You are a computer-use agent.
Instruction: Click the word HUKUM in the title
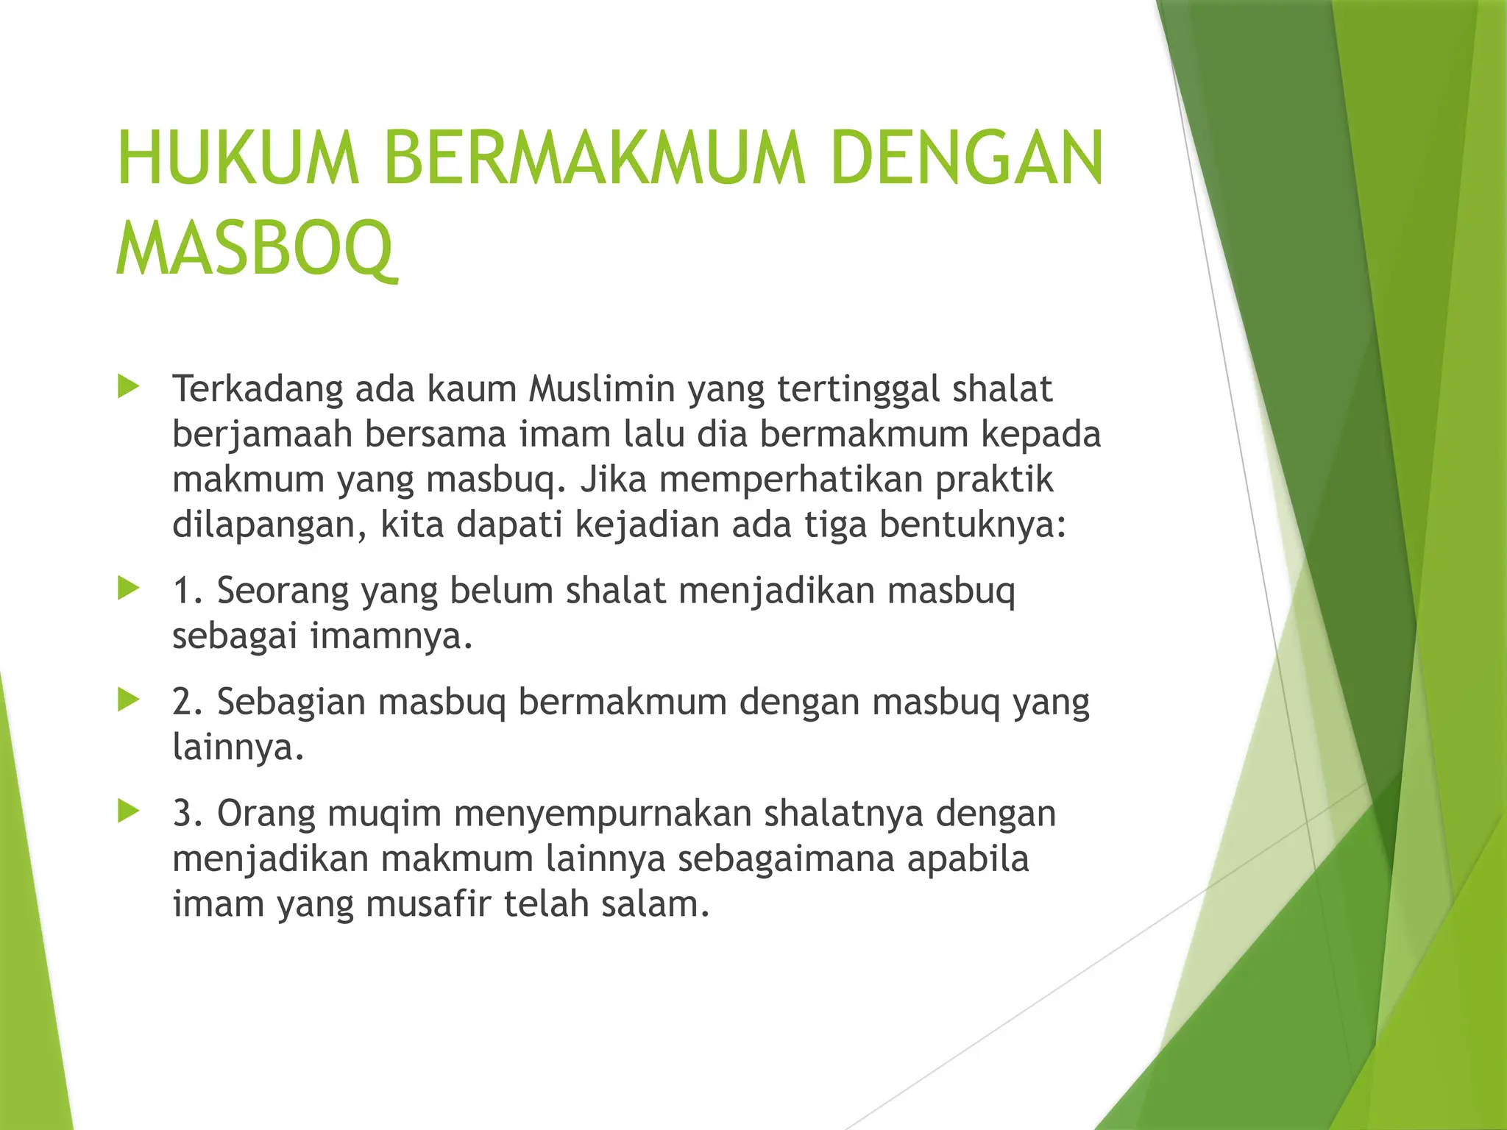coord(238,159)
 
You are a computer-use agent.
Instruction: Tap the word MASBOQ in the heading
coord(255,248)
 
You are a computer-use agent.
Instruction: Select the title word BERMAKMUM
coord(595,159)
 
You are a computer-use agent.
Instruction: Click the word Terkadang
coord(258,390)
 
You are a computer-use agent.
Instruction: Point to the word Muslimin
coord(601,388)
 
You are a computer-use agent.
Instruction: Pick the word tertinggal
coord(857,390)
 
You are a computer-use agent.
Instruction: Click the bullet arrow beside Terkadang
coord(128,386)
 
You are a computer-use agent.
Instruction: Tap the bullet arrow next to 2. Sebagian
coord(128,700)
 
